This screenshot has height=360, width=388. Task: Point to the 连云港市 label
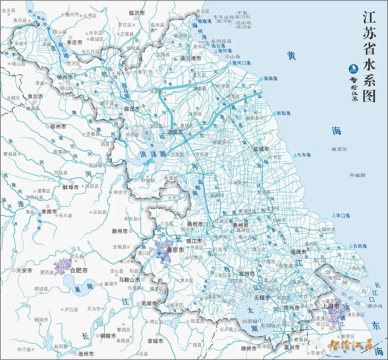click(x=191, y=58)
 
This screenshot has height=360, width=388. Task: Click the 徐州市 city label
click(x=65, y=77)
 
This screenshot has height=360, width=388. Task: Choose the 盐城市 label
click(x=261, y=149)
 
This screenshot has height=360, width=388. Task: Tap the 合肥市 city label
click(x=79, y=270)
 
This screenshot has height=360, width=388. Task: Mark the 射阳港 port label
click(x=283, y=113)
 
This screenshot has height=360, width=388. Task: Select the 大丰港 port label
click(x=303, y=155)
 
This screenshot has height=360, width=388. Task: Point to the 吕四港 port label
click(x=360, y=246)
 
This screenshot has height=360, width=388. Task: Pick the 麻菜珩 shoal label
click(x=339, y=149)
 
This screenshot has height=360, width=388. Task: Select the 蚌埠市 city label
click(x=71, y=187)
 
